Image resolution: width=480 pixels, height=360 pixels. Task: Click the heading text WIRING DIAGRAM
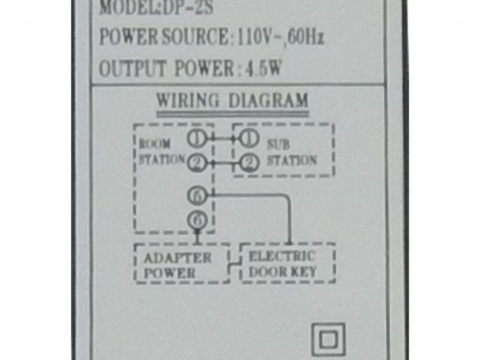pos(232,100)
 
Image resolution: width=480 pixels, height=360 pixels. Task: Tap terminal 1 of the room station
pos(196,139)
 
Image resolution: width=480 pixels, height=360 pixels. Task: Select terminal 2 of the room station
pos(196,162)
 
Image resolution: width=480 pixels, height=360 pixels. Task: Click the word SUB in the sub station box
pos(280,145)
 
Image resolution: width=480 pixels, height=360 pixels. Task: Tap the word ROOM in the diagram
pos(155,143)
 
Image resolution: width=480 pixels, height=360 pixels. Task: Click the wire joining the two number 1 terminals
pos(223,139)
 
